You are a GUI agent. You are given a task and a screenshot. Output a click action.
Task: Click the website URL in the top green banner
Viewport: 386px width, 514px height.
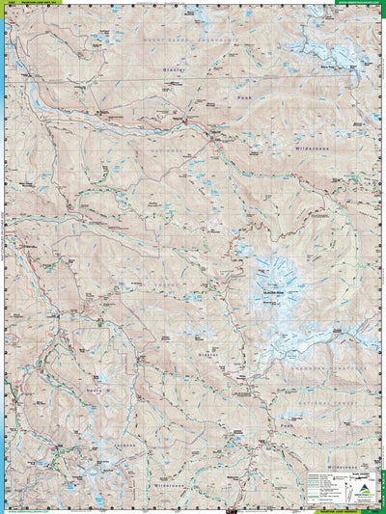pos(358,3)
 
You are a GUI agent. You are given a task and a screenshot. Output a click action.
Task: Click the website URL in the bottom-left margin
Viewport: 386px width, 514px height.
pos(29,510)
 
